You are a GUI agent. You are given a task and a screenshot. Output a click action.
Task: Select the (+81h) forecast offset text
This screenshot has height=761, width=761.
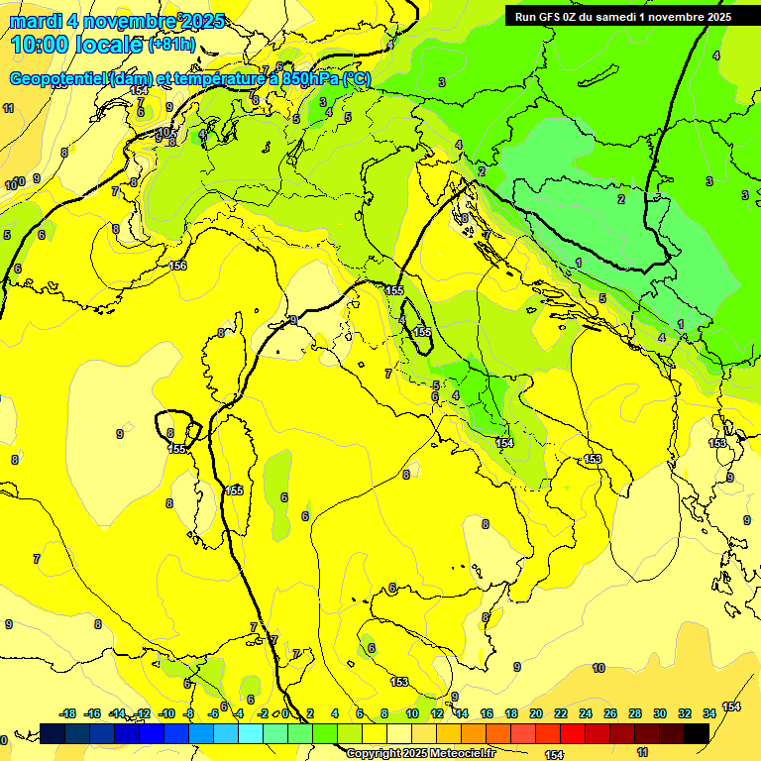point(170,46)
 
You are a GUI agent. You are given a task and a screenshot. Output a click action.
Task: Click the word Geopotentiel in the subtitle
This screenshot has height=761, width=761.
point(57,78)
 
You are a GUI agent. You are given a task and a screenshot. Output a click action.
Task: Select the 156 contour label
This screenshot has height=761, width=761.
point(178,266)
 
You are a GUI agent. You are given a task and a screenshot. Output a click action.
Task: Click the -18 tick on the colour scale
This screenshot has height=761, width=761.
point(68,713)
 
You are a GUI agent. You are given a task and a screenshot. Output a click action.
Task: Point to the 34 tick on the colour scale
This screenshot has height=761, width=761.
point(709,713)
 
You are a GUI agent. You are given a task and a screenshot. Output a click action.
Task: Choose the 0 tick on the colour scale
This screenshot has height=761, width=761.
point(285,713)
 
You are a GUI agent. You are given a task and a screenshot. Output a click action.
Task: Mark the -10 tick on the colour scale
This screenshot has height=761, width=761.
point(166,713)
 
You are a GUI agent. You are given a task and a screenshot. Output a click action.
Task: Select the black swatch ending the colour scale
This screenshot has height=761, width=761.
point(697,733)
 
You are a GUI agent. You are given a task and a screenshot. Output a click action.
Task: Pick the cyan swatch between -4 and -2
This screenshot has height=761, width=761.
point(251,733)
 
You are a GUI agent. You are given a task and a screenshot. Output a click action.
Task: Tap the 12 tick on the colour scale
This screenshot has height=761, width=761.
point(437,713)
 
